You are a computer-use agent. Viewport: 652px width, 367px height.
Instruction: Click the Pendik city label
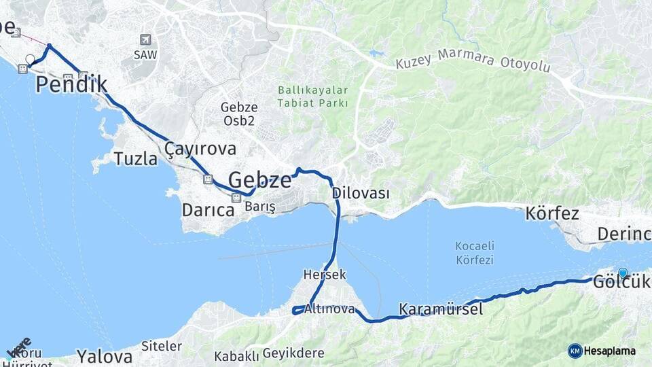tap(71, 84)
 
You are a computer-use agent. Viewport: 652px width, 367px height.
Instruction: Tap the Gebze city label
tap(259, 180)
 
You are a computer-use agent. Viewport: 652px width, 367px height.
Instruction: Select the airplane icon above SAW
tap(145, 40)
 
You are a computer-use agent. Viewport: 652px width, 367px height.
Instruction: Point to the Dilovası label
tap(361, 193)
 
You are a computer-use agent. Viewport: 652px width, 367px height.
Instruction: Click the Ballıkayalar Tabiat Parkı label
tap(312, 97)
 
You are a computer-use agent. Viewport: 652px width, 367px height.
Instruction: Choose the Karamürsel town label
tap(441, 309)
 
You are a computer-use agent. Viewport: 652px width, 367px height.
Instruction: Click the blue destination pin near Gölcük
tap(623, 273)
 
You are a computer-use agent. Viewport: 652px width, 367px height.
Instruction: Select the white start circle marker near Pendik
tap(30, 59)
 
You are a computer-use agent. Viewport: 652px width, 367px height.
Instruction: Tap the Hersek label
tap(325, 275)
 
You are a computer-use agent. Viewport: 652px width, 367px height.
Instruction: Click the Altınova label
tap(330, 309)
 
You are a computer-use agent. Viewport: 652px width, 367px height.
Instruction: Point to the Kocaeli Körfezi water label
tap(475, 252)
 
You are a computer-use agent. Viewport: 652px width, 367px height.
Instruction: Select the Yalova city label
tap(104, 356)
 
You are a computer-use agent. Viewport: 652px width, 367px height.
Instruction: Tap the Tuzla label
tap(134, 159)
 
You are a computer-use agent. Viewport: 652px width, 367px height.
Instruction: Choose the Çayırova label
tap(200, 149)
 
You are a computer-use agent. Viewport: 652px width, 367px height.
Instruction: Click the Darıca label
tap(208, 210)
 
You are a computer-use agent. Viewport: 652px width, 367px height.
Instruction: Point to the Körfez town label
tap(551, 213)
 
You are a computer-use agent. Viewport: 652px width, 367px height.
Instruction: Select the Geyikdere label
tap(293, 354)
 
